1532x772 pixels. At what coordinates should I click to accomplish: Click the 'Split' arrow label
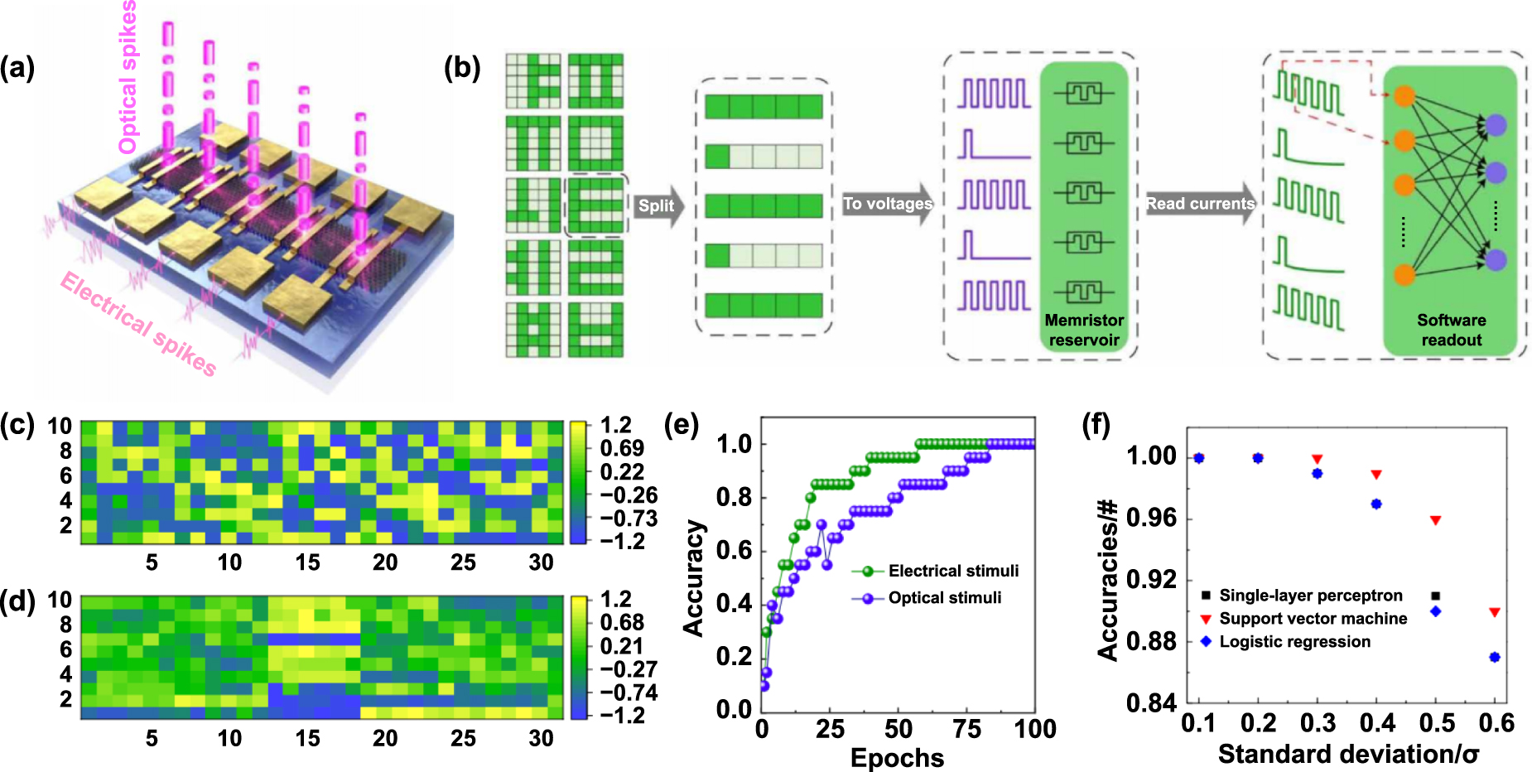pos(656,205)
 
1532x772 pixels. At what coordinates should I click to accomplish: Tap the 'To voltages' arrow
pos(887,204)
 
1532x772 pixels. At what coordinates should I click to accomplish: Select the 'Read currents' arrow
pos(1199,204)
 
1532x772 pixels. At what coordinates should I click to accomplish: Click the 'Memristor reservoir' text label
pos(1084,330)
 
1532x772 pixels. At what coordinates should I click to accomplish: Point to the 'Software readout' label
pos(1451,330)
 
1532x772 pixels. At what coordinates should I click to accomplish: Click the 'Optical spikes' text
pos(128,79)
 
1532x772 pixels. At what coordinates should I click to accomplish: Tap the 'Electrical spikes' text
pos(138,324)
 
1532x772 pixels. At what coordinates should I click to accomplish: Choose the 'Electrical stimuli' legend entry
pos(952,571)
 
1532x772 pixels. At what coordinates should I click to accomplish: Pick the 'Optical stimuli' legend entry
pos(944,597)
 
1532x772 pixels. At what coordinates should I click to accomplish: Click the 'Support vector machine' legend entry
pos(1312,619)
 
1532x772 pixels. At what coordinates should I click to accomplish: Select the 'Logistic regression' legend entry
pos(1294,642)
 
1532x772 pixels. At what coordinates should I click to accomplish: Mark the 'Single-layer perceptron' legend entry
pos(1310,596)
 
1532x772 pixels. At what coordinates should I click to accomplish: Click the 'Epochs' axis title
pos(897,757)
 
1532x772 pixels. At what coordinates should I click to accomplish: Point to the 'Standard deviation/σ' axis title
pos(1348,754)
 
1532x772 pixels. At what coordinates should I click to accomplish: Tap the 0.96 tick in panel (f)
pos(1152,518)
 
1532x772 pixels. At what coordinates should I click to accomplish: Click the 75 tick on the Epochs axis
pos(967,729)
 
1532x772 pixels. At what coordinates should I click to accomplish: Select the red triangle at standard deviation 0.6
pos(1495,613)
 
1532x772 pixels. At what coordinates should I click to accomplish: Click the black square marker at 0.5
pos(1436,596)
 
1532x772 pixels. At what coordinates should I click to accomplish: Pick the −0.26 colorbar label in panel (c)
pos(629,495)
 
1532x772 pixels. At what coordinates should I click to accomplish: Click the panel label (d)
pos(17,600)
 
